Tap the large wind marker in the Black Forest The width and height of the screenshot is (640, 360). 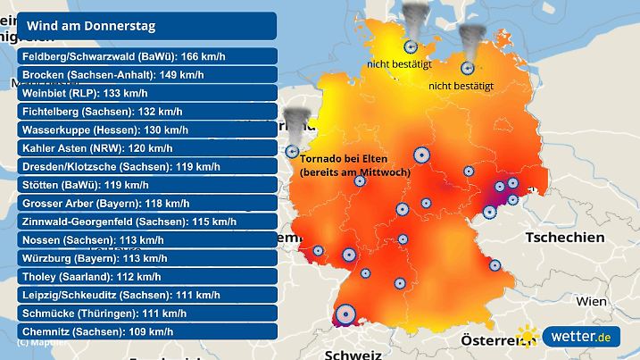click(x=344, y=314)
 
